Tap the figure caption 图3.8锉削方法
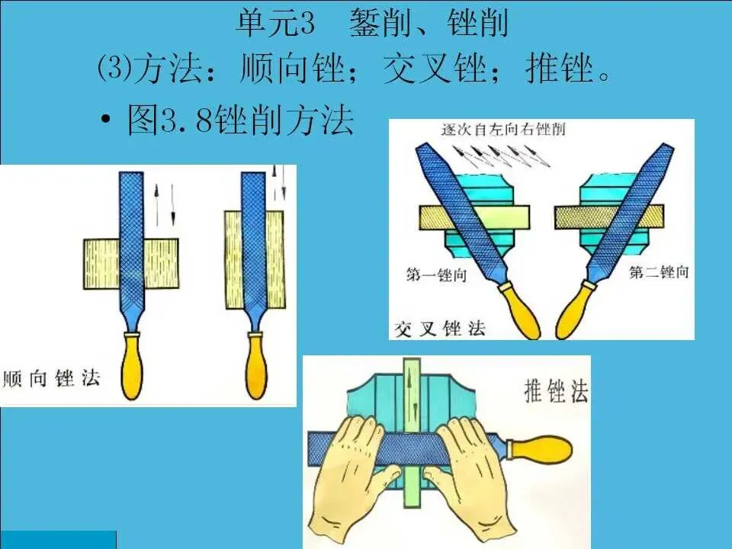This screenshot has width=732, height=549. coord(240,120)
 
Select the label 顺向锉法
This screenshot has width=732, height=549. coord(51,378)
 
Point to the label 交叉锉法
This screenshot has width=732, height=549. coord(440,329)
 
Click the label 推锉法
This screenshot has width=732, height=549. coord(556,390)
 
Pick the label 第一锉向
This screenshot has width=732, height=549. coord(436,274)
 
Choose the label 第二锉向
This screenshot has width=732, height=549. coord(659,271)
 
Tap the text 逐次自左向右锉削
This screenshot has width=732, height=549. coord(503,129)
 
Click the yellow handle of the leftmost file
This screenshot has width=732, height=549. coord(132,365)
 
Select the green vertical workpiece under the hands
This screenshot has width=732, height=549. coord(412,432)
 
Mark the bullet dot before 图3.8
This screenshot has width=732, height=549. coord(106,120)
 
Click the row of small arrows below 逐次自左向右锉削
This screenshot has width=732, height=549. coord(501,156)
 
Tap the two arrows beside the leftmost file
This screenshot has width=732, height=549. coord(165,204)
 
